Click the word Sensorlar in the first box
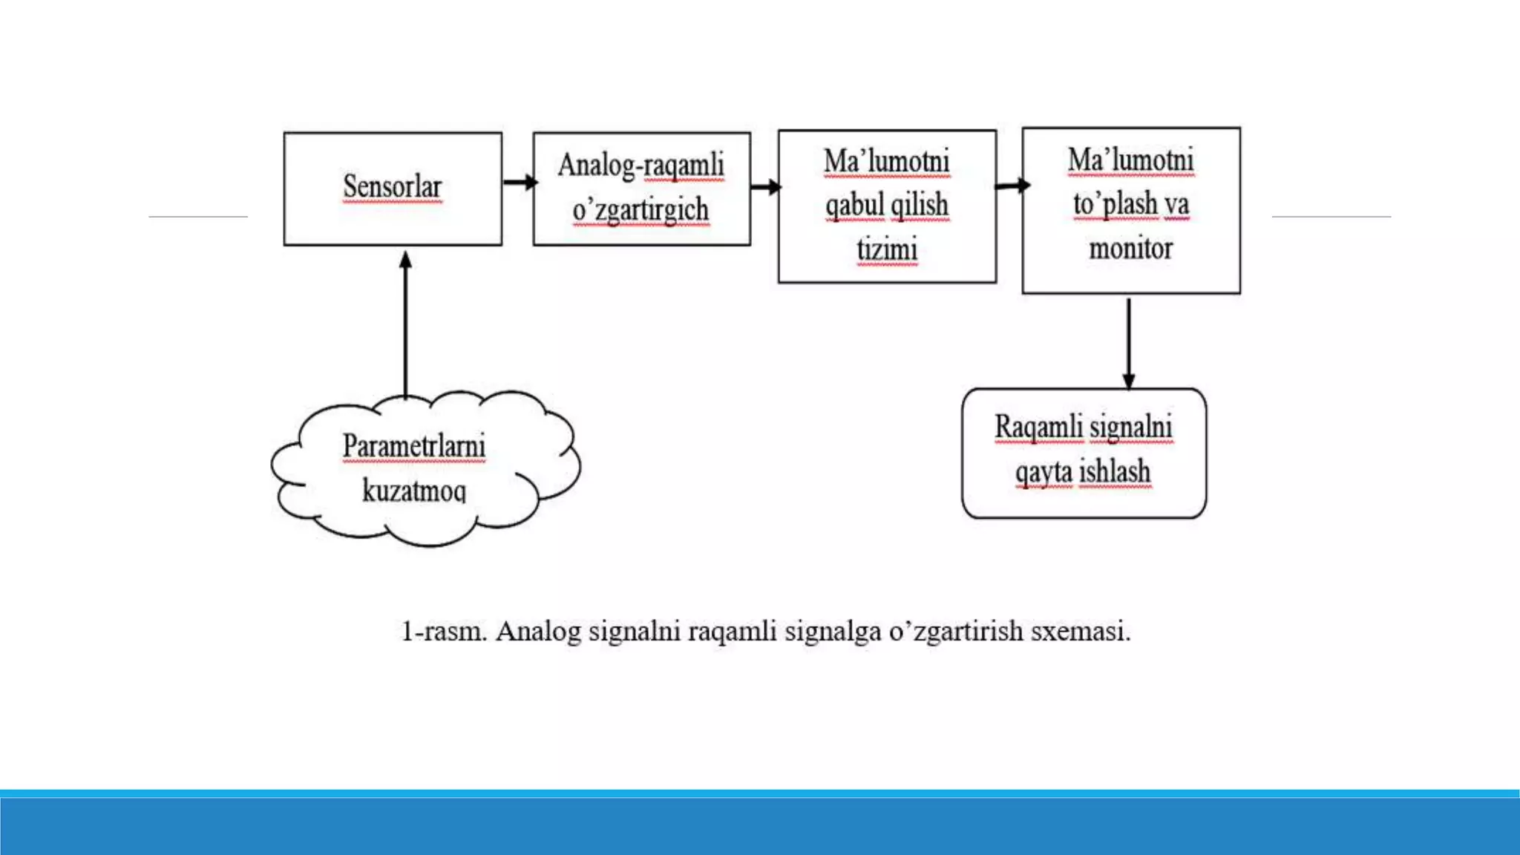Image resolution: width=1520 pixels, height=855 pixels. click(x=392, y=187)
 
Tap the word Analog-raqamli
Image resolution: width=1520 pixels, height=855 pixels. click(x=641, y=166)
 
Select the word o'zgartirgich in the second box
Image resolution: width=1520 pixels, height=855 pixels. click(x=641, y=210)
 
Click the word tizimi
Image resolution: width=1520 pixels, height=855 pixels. click(x=887, y=249)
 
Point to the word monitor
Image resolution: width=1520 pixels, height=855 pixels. click(x=1130, y=248)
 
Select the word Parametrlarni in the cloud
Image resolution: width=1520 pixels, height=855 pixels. click(x=413, y=446)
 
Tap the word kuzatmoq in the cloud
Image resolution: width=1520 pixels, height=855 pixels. click(x=413, y=490)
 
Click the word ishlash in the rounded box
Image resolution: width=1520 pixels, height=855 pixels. click(x=1114, y=471)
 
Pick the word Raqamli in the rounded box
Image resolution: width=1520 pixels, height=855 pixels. click(x=1038, y=427)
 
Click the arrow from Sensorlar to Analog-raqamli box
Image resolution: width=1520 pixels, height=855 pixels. click(x=519, y=182)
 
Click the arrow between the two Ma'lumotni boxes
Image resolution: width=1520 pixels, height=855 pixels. click(x=1011, y=186)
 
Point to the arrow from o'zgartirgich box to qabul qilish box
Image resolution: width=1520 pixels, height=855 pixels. click(x=765, y=186)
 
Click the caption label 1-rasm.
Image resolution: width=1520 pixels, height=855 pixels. click(x=444, y=632)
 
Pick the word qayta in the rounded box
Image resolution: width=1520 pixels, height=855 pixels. click(x=1044, y=472)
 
